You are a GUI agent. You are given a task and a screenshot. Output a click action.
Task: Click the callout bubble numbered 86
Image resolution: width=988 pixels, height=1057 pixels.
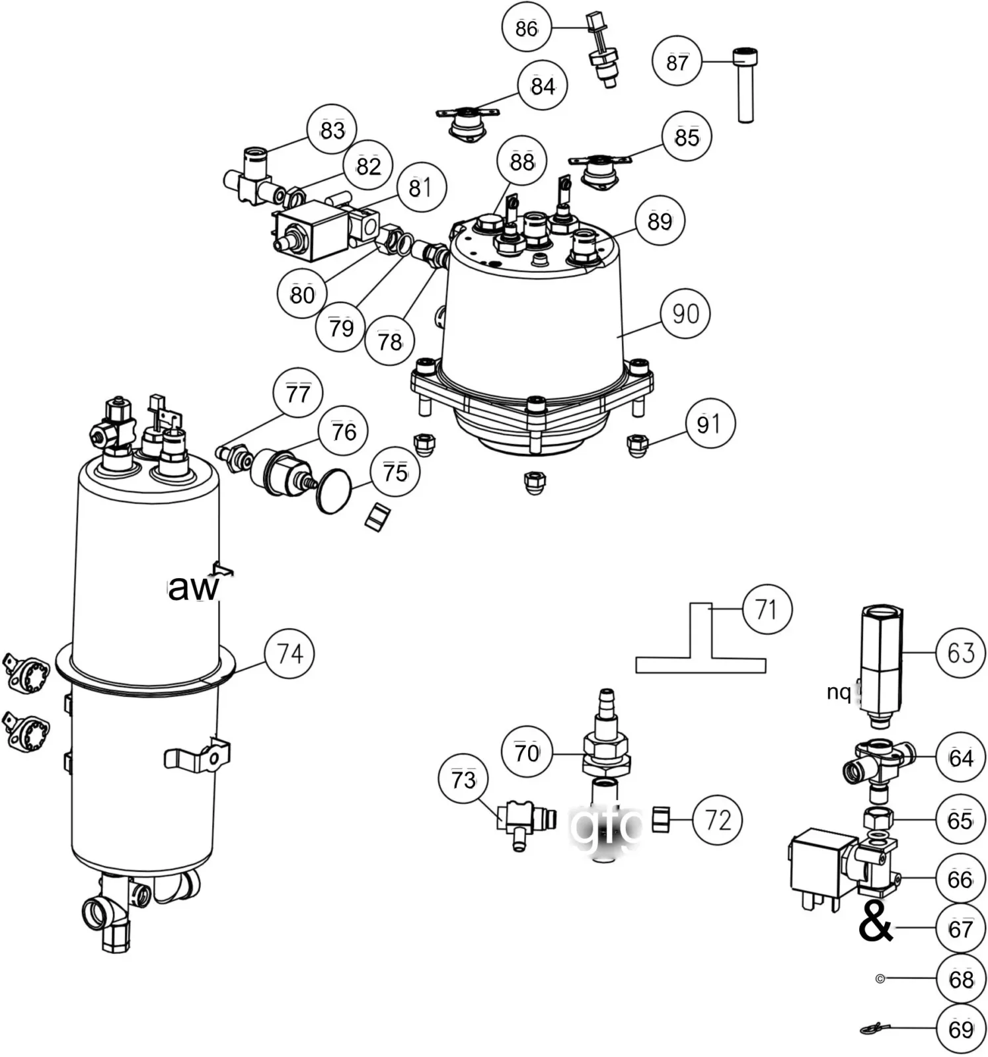click(526, 28)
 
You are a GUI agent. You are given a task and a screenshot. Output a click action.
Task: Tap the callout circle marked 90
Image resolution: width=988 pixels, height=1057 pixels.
click(685, 313)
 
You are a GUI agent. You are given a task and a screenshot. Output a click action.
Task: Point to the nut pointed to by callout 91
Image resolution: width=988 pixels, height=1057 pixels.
click(637, 445)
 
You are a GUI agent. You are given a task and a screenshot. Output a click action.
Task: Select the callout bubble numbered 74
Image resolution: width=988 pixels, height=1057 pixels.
click(289, 653)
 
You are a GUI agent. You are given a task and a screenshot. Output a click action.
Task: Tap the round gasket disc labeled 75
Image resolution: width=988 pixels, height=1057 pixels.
click(335, 491)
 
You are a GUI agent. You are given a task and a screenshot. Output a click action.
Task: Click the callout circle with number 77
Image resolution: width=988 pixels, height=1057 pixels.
click(297, 394)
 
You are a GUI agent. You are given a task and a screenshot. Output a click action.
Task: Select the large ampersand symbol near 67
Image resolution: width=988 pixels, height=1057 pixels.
click(875, 922)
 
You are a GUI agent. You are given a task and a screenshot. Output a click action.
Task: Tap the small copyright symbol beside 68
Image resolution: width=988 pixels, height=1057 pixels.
click(880, 978)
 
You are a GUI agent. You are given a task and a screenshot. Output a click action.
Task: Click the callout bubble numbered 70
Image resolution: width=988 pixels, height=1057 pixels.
click(527, 752)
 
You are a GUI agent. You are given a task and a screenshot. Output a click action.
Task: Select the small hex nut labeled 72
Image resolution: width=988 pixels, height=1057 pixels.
click(662, 819)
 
